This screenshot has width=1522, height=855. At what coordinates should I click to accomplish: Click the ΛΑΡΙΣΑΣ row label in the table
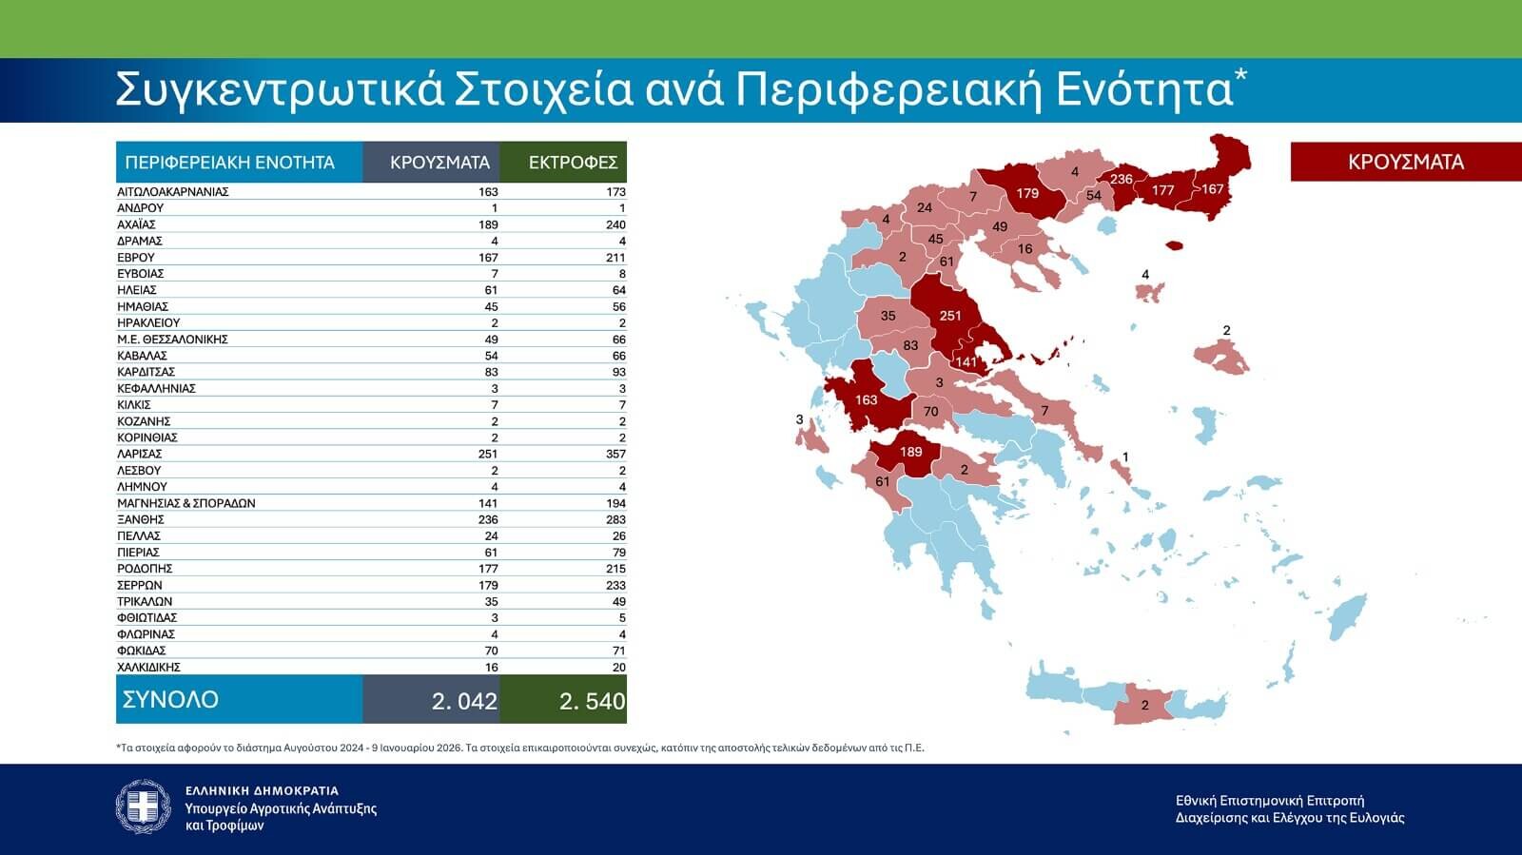point(140,454)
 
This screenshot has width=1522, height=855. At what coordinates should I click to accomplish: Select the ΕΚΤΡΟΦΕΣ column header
point(573,163)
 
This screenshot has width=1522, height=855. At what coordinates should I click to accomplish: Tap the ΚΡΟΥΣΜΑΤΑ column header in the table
point(439,163)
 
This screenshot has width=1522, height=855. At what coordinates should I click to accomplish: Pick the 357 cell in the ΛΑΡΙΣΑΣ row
point(615,454)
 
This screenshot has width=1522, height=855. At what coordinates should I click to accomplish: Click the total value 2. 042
point(464,701)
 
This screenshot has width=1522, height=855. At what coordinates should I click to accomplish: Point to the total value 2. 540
point(592,701)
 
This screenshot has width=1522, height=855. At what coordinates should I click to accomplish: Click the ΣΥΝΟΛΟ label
point(170,699)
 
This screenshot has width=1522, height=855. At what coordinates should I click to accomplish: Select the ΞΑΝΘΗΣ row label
point(141,519)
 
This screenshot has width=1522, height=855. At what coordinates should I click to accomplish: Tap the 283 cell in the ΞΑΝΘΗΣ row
point(615,519)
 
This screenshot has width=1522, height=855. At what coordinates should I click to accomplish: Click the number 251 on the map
point(949,316)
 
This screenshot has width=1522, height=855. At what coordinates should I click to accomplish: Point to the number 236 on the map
point(1122,179)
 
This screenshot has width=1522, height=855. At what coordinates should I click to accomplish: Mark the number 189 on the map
point(911,452)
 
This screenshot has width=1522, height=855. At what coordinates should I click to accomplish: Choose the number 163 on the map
point(866,399)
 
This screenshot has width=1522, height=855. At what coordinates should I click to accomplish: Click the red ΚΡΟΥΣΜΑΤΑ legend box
point(1405,162)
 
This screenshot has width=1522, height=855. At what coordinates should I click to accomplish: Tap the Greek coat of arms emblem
point(143,806)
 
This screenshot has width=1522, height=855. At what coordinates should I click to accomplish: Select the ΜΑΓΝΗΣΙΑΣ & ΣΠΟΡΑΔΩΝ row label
point(186,503)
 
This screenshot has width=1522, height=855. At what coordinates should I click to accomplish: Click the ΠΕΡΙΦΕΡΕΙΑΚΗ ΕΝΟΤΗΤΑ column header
point(229,163)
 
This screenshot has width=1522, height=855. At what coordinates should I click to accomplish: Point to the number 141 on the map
point(966,361)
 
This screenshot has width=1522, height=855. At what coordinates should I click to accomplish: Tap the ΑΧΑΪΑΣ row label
point(136,224)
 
